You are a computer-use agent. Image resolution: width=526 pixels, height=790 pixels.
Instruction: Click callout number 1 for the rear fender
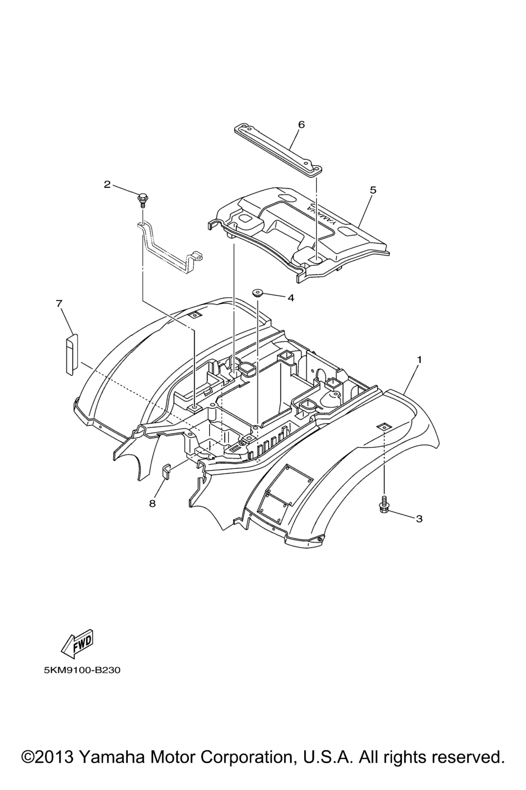tap(419, 360)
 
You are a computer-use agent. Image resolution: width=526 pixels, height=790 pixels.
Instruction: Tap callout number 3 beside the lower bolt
tap(419, 519)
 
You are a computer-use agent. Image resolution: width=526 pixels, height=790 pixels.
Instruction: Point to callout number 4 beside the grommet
tap(291, 298)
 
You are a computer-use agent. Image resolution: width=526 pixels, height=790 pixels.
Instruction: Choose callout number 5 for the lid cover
tap(373, 190)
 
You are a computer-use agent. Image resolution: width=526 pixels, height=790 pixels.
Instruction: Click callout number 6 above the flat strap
tap(301, 124)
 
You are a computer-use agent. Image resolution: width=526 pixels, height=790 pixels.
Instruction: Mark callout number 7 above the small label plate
tap(59, 303)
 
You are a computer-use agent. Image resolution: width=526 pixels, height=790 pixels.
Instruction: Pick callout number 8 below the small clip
tap(152, 504)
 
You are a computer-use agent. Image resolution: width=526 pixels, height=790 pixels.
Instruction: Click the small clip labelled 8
tap(166, 471)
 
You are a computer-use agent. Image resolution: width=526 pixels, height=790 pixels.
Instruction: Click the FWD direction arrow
tap(78, 642)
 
